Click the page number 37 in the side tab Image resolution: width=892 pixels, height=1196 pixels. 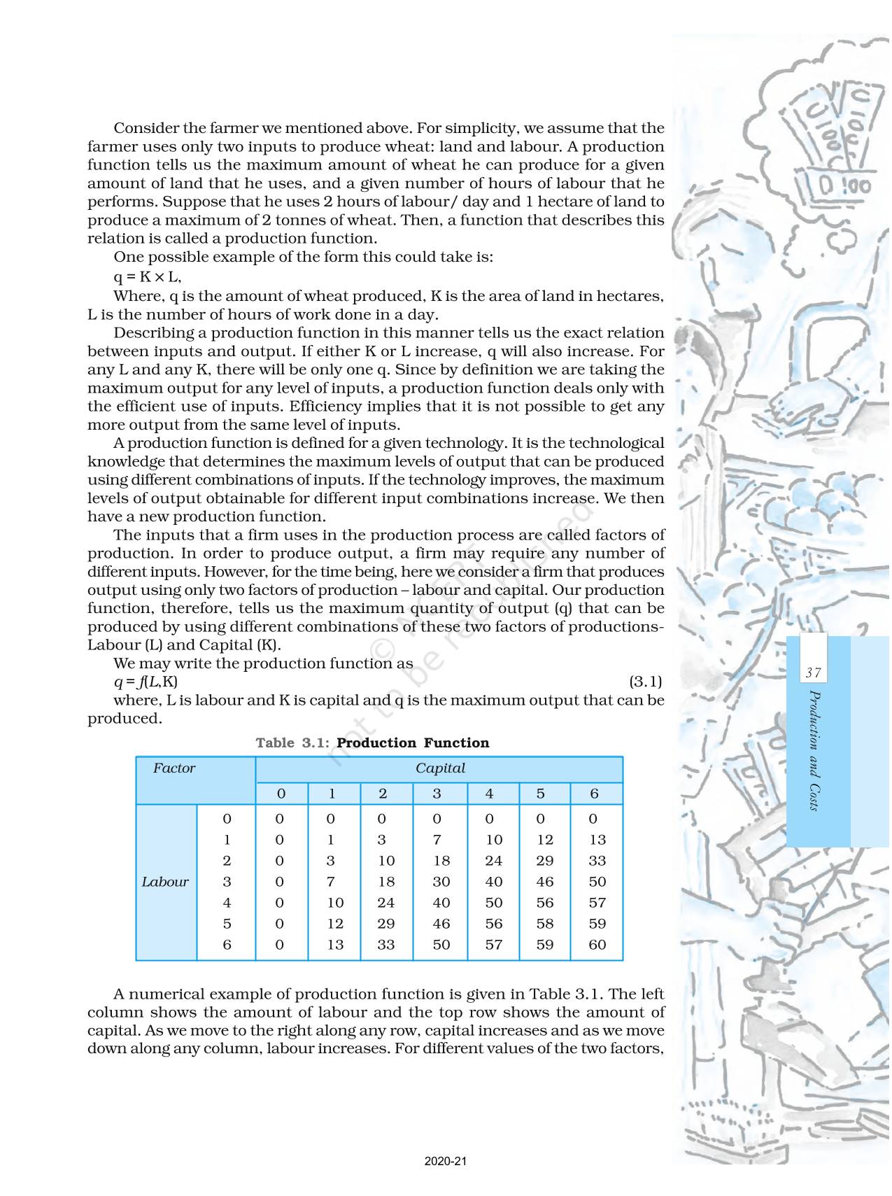[x=812, y=673]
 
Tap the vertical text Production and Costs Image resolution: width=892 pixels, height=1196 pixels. [x=813, y=750]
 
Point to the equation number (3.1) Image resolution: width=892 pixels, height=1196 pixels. [x=645, y=682]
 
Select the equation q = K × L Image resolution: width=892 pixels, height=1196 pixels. [x=148, y=276]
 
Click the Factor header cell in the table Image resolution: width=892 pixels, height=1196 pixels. [x=174, y=768]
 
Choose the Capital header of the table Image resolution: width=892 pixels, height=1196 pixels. [x=440, y=768]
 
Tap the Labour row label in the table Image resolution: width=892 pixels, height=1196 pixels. [x=165, y=882]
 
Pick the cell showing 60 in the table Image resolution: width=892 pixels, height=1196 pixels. [x=597, y=945]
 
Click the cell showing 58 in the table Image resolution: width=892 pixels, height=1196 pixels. [x=544, y=924]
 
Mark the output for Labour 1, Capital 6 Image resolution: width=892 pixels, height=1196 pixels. [x=597, y=840]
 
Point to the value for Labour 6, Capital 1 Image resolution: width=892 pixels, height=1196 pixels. [x=335, y=945]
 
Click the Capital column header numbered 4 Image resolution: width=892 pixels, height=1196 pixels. [x=489, y=794]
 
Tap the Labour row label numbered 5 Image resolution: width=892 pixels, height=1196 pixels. [x=227, y=924]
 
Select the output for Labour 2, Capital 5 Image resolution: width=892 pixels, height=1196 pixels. [x=544, y=861]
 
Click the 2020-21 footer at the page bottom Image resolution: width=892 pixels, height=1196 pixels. [x=446, y=1161]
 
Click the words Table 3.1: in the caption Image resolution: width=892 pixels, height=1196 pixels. [x=292, y=743]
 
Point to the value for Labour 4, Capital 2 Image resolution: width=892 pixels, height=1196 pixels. [x=385, y=903]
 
